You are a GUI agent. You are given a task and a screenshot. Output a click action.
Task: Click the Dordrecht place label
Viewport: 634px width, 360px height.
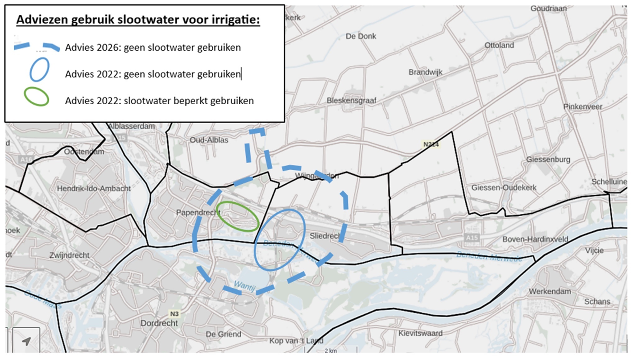[159, 323]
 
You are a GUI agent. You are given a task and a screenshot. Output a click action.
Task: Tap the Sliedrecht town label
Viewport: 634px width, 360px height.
[325, 236]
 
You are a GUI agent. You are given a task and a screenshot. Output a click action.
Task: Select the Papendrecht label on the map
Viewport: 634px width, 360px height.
[198, 213]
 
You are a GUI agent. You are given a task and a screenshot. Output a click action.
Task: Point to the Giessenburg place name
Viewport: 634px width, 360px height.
[548, 160]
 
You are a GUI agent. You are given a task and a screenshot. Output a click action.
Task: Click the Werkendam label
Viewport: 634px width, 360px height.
[550, 291]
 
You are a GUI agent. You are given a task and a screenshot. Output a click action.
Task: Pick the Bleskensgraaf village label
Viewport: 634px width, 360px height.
[351, 101]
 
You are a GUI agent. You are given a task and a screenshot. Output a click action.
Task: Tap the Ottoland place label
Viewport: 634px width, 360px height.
[499, 45]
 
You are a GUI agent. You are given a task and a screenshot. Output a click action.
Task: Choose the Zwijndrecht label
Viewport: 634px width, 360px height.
[70, 255]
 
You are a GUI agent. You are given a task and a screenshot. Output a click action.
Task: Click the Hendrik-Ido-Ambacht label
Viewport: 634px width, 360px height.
[94, 188]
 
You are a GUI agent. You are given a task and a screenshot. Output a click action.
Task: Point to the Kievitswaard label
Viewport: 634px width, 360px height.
[420, 333]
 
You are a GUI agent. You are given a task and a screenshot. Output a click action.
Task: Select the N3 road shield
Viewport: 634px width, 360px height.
[174, 314]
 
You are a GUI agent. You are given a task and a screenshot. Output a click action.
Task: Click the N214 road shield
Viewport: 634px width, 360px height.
[431, 144]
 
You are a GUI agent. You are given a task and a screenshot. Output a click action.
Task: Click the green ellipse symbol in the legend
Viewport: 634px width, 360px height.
[37, 97]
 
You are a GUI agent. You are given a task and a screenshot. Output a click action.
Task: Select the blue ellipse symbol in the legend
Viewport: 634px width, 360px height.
[39, 70]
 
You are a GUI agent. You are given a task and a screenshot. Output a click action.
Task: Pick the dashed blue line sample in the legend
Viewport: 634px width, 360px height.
[37, 47]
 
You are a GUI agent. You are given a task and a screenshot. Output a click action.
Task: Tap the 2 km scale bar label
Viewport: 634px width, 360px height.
[331, 351]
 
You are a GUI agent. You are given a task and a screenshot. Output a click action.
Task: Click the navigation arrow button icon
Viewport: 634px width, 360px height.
[26, 341]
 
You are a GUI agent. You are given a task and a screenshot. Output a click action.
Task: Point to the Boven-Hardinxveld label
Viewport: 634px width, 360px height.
[535, 239]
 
